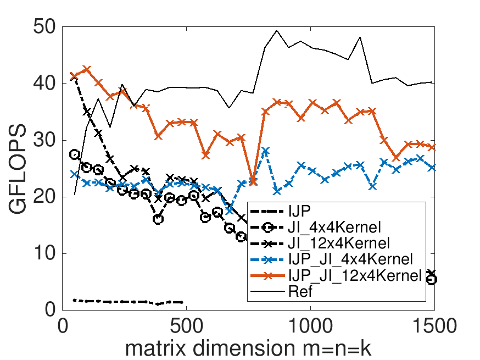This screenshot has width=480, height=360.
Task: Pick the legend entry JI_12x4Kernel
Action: click(x=339, y=243)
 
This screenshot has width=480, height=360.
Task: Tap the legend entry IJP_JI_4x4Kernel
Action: click(x=350, y=259)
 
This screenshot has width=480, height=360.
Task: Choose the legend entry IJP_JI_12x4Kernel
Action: click(x=353, y=275)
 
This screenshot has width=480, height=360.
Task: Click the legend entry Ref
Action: click(x=300, y=291)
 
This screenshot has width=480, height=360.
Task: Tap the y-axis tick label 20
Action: click(x=43, y=197)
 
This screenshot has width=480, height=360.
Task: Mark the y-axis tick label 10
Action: click(x=43, y=254)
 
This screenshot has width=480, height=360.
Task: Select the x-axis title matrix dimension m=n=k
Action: click(x=249, y=346)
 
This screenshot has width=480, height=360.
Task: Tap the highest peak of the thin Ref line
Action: click(x=276, y=30)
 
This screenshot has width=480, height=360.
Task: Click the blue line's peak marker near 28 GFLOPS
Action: click(x=265, y=151)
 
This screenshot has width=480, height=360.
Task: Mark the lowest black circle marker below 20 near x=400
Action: click(x=158, y=219)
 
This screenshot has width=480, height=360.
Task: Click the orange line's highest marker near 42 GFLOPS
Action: click(x=86, y=69)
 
